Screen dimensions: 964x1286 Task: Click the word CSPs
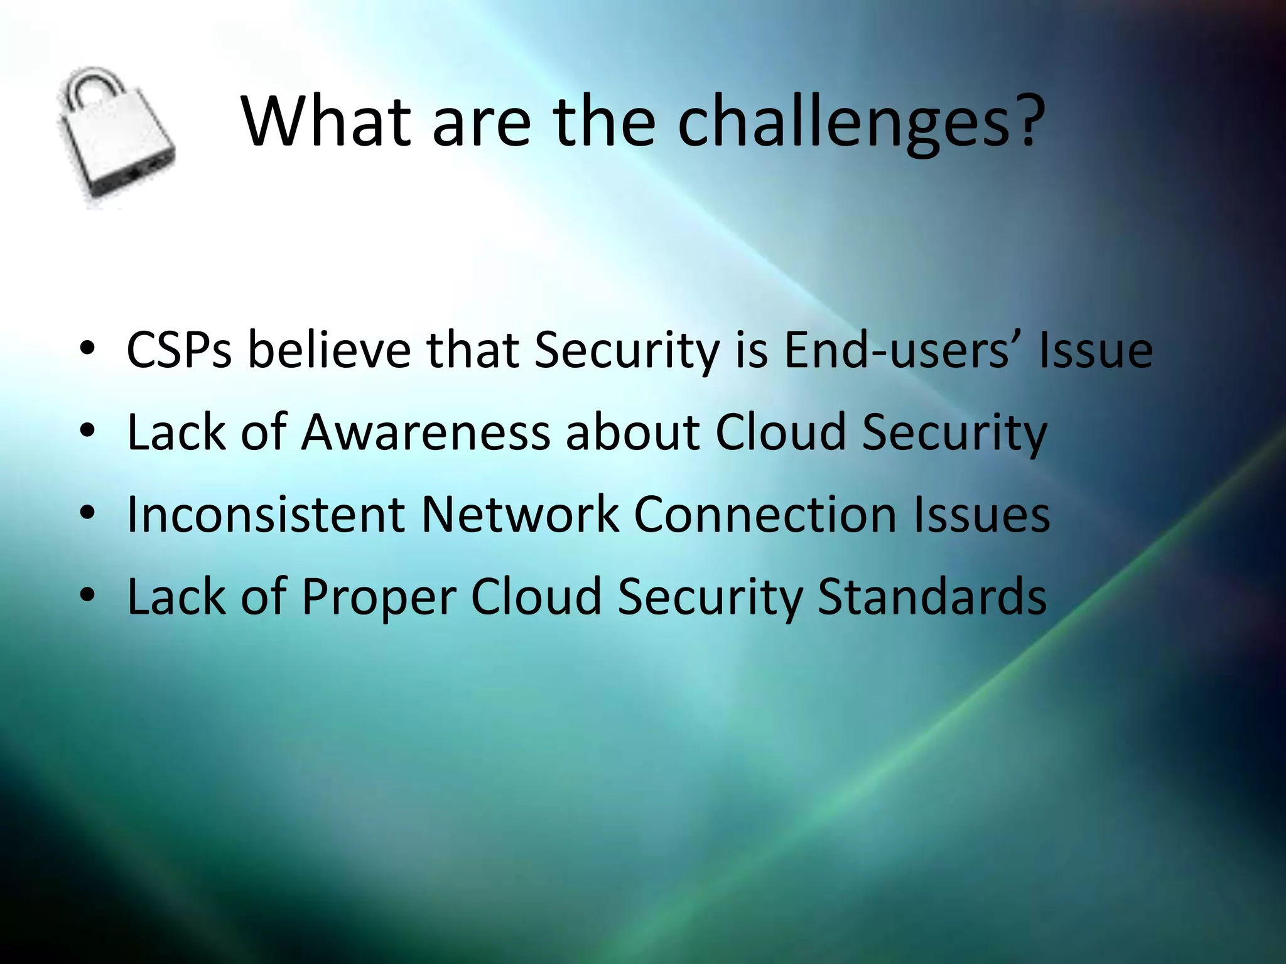[179, 350]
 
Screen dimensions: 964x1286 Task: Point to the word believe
[330, 350]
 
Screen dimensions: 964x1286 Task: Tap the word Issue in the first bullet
[1095, 350]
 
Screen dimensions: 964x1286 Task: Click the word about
[632, 432]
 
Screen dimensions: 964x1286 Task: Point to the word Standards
[932, 596]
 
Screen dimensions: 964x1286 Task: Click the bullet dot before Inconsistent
[87, 513]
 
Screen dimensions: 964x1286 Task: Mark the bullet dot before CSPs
[87, 349]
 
